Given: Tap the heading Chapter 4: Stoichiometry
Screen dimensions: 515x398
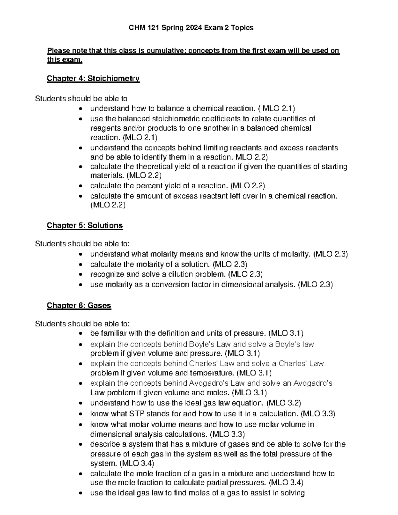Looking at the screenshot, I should click(93, 79).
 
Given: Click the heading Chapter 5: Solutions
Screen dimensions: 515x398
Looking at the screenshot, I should click(85, 225).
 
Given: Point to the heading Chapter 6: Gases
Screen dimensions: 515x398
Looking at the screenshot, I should click(79, 305).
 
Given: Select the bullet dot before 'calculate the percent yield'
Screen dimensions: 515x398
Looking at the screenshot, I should click(81, 186).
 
